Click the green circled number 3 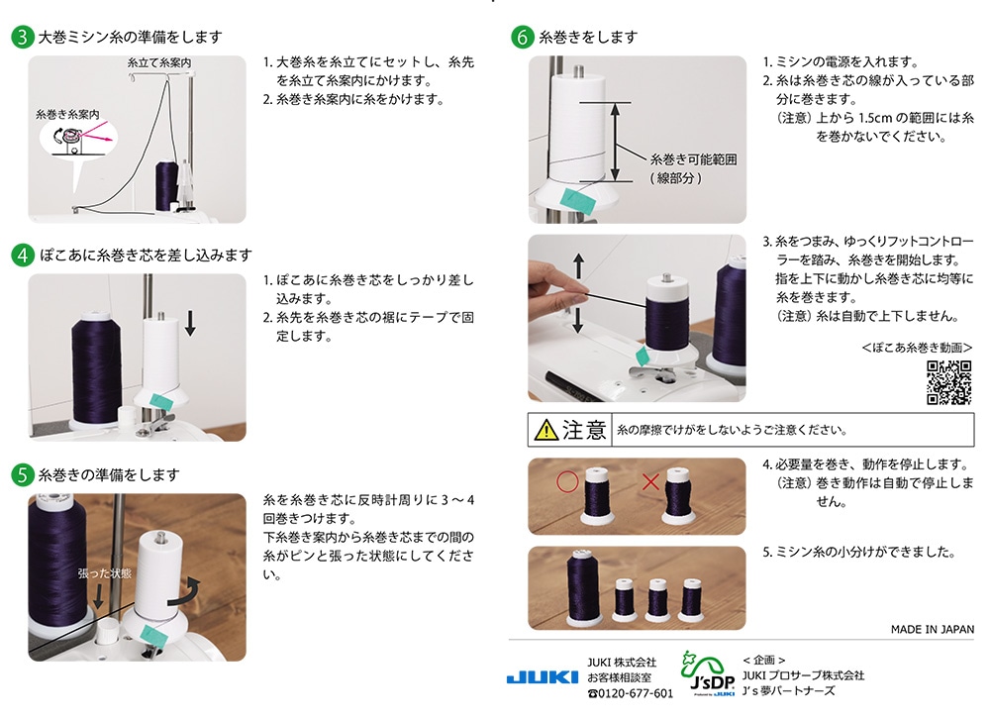tap(23, 38)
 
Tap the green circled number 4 tap(23, 255)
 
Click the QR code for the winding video tap(948, 382)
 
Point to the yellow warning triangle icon tap(546, 430)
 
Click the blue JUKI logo tap(542, 677)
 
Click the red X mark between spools tap(650, 483)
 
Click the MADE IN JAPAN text tap(932, 630)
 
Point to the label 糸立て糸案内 tap(159, 62)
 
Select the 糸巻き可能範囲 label tap(693, 158)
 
